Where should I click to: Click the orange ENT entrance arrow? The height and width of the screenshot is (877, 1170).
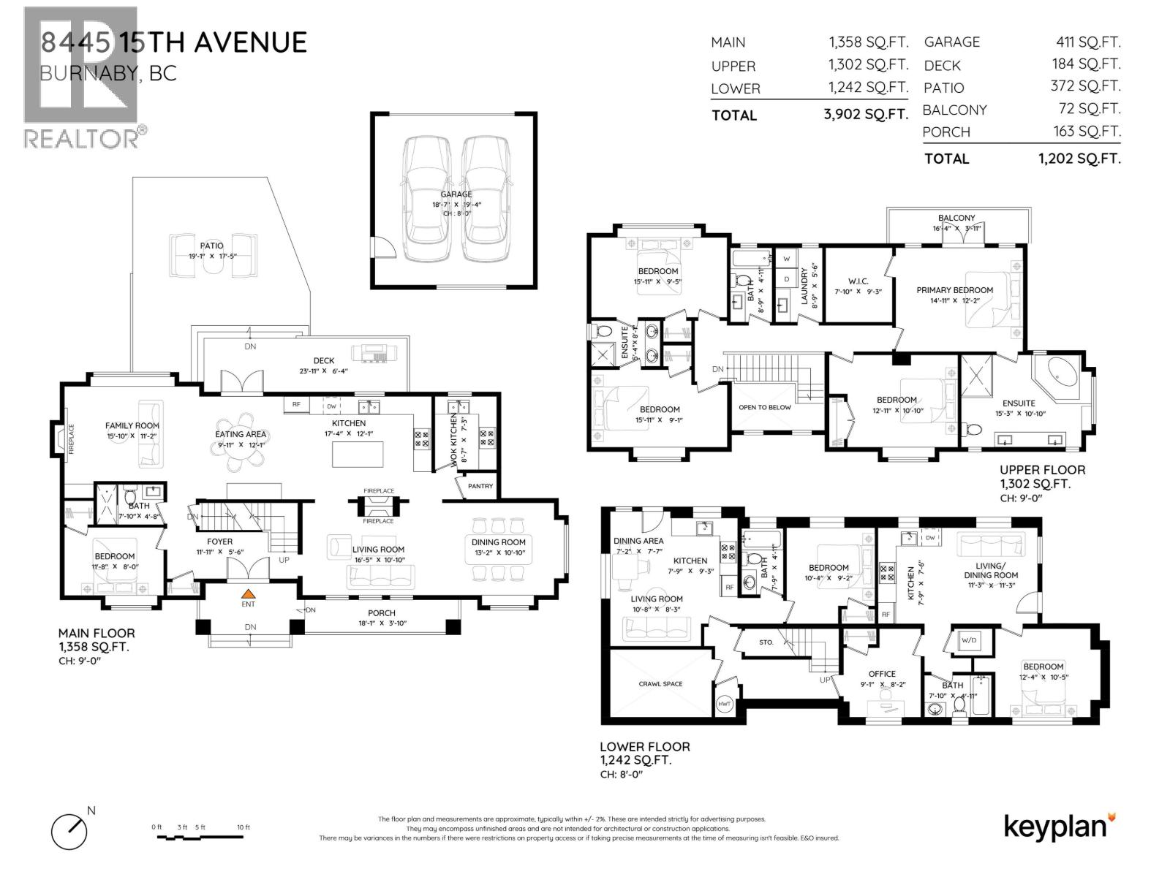tap(249, 594)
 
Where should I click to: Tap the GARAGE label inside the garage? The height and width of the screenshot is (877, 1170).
tap(456, 194)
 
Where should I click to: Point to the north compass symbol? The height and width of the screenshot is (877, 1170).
tap(70, 829)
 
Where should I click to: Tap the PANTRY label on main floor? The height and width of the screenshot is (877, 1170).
tap(480, 486)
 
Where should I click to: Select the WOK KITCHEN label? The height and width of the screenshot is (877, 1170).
tap(453, 439)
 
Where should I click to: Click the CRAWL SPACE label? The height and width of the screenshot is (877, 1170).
tap(661, 684)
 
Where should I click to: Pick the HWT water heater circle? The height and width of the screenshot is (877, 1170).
tap(725, 704)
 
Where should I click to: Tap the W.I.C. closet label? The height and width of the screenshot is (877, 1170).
tap(858, 281)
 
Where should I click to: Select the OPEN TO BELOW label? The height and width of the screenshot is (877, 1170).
tap(764, 407)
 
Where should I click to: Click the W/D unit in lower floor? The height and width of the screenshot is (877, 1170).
tap(969, 640)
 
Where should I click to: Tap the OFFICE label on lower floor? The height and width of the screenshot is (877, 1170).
tap(882, 674)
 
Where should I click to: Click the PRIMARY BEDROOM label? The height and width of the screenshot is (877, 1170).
tap(954, 290)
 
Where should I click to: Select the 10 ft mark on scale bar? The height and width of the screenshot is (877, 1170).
tap(244, 827)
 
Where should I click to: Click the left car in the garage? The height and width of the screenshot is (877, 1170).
tap(427, 198)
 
